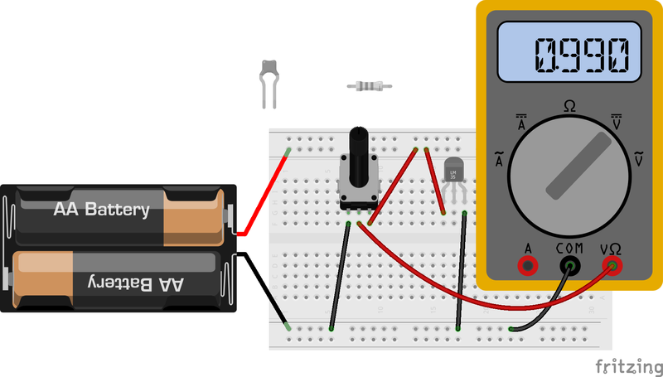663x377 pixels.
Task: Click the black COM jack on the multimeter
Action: click(569, 265)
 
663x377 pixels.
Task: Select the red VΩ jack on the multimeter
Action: click(612, 265)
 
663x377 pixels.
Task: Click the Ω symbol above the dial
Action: click(570, 106)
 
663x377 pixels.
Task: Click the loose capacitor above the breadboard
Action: click(269, 82)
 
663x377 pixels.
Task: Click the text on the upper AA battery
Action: click(101, 210)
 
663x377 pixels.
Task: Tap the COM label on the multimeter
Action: click(569, 248)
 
